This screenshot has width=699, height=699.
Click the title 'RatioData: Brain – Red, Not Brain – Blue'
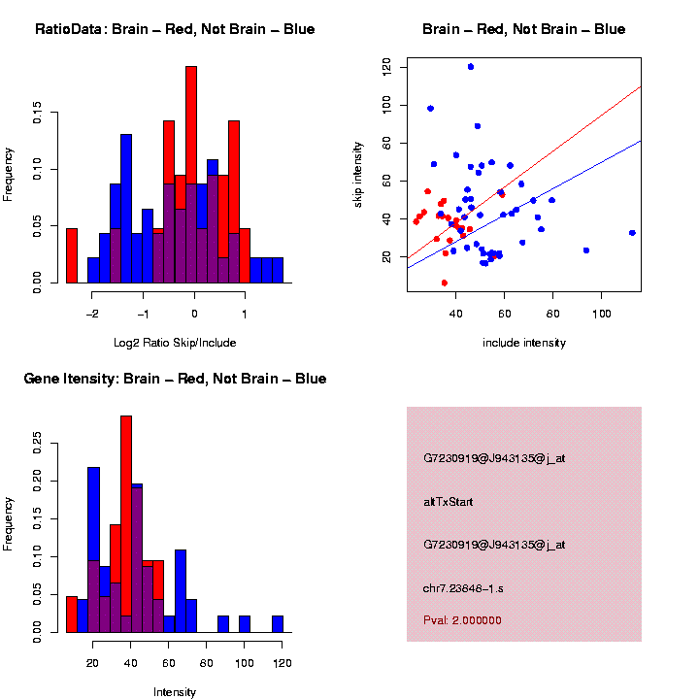tap(175, 29)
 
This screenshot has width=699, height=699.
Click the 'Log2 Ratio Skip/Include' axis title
tap(175, 343)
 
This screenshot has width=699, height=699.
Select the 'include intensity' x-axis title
tap(524, 343)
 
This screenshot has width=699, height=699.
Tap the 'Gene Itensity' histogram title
tap(175, 379)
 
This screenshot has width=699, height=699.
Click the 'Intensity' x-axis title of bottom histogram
tap(175, 692)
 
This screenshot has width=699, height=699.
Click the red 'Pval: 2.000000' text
tap(462, 620)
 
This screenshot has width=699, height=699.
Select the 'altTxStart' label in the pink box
tap(448, 502)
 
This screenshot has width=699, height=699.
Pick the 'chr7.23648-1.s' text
tap(463, 589)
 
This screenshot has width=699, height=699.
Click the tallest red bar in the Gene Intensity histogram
tap(126, 524)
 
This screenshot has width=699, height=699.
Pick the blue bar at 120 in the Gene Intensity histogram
tap(278, 623)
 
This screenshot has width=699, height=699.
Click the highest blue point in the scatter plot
tap(471, 67)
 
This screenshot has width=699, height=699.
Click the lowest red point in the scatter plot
tap(444, 283)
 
